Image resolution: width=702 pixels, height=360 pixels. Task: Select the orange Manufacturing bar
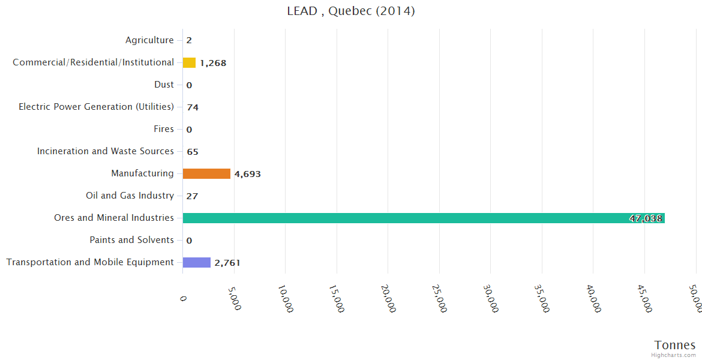click(206, 174)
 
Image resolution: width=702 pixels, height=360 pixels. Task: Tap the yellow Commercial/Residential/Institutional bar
click(189, 63)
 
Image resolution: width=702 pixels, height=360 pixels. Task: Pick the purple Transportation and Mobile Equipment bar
click(197, 263)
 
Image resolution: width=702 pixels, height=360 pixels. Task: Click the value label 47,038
click(646, 218)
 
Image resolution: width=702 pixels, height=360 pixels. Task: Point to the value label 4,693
click(247, 175)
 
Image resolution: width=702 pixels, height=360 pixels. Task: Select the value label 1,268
click(213, 63)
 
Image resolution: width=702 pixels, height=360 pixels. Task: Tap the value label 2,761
click(227, 263)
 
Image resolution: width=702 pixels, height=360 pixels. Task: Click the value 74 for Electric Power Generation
click(193, 107)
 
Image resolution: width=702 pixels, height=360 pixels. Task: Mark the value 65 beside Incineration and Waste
click(193, 152)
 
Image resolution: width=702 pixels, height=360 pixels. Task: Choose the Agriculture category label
click(149, 40)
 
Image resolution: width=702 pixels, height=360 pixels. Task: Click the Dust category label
click(164, 85)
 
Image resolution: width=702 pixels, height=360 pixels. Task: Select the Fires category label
click(164, 129)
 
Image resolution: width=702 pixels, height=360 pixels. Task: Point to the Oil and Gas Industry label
click(130, 196)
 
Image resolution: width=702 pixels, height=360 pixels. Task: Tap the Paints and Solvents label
click(132, 240)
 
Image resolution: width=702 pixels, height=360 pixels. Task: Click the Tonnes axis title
click(675, 345)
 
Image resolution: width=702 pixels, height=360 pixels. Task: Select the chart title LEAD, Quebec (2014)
click(351, 11)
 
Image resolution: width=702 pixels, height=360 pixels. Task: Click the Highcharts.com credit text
click(674, 355)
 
